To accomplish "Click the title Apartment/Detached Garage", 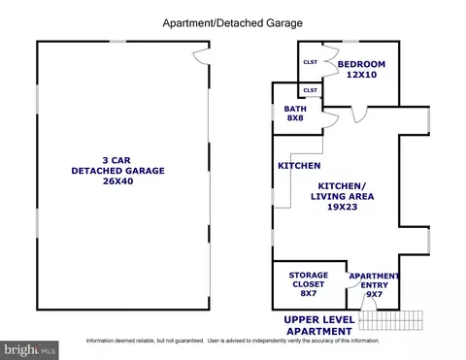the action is click(x=233, y=23).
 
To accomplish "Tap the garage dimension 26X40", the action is click(x=118, y=181).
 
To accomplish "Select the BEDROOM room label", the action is click(x=361, y=64).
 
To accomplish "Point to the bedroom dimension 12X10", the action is click(x=361, y=75).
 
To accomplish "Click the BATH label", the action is click(x=295, y=109).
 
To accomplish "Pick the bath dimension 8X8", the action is click(x=295, y=117).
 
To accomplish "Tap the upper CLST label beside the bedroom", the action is click(x=311, y=62).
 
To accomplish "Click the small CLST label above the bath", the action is click(x=311, y=90).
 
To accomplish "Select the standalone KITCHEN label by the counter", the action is click(x=299, y=166).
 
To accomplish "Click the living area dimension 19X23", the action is click(x=343, y=207).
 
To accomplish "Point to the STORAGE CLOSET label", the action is click(x=309, y=279).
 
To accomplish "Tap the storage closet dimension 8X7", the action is click(x=309, y=293).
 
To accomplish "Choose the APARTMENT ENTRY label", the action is click(x=374, y=280).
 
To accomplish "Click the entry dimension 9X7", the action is click(x=375, y=294).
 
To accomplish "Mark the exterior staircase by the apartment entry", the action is click(x=391, y=320).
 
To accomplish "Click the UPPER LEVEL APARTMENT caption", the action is click(x=319, y=325).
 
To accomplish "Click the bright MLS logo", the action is click(x=29, y=350).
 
